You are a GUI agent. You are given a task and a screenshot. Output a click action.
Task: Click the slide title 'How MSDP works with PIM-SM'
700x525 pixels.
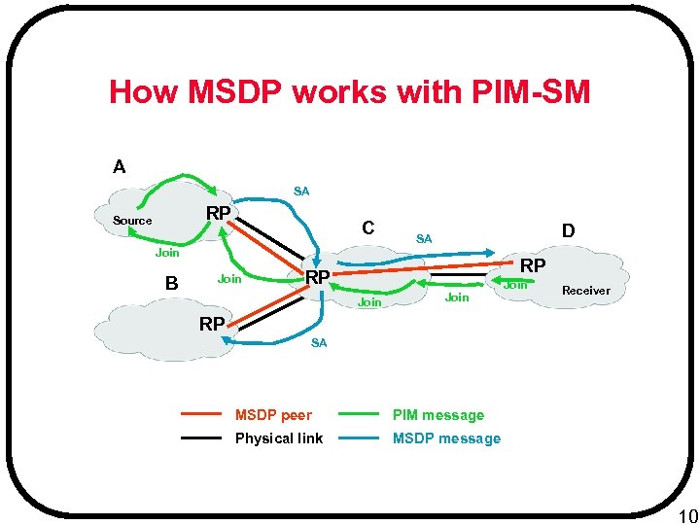tap(349, 92)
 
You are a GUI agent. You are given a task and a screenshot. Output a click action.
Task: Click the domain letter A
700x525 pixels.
tap(119, 167)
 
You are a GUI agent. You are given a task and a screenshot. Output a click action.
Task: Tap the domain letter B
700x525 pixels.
tap(171, 284)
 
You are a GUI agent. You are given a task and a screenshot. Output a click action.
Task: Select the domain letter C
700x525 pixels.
tap(368, 227)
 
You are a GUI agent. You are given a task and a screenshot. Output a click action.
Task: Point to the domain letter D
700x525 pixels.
tap(568, 231)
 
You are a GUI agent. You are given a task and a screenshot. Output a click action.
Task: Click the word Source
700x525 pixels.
tap(132, 221)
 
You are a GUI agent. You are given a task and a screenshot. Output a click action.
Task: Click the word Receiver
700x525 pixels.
tap(586, 291)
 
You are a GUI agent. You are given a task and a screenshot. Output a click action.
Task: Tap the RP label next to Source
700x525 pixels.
tap(218, 214)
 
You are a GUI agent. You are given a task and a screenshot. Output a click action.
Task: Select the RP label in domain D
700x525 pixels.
tap(533, 265)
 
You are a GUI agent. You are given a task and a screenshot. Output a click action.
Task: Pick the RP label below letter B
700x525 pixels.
tap(212, 324)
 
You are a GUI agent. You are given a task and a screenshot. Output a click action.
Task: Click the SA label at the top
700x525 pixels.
tap(301, 192)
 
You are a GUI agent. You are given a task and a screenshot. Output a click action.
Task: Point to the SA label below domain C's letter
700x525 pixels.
tap(424, 239)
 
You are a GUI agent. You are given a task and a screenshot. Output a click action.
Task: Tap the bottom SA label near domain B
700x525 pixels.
tap(319, 343)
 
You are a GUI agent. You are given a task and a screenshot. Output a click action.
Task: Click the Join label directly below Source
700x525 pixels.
tap(167, 254)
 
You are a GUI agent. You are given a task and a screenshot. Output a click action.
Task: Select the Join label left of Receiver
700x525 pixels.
tap(515, 285)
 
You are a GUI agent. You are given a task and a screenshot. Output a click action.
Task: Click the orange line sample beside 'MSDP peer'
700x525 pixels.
tap(202, 415)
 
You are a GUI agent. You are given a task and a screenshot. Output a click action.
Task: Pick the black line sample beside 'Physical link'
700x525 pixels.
tap(202, 438)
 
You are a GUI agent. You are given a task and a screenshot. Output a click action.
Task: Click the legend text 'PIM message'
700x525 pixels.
tap(437, 415)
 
